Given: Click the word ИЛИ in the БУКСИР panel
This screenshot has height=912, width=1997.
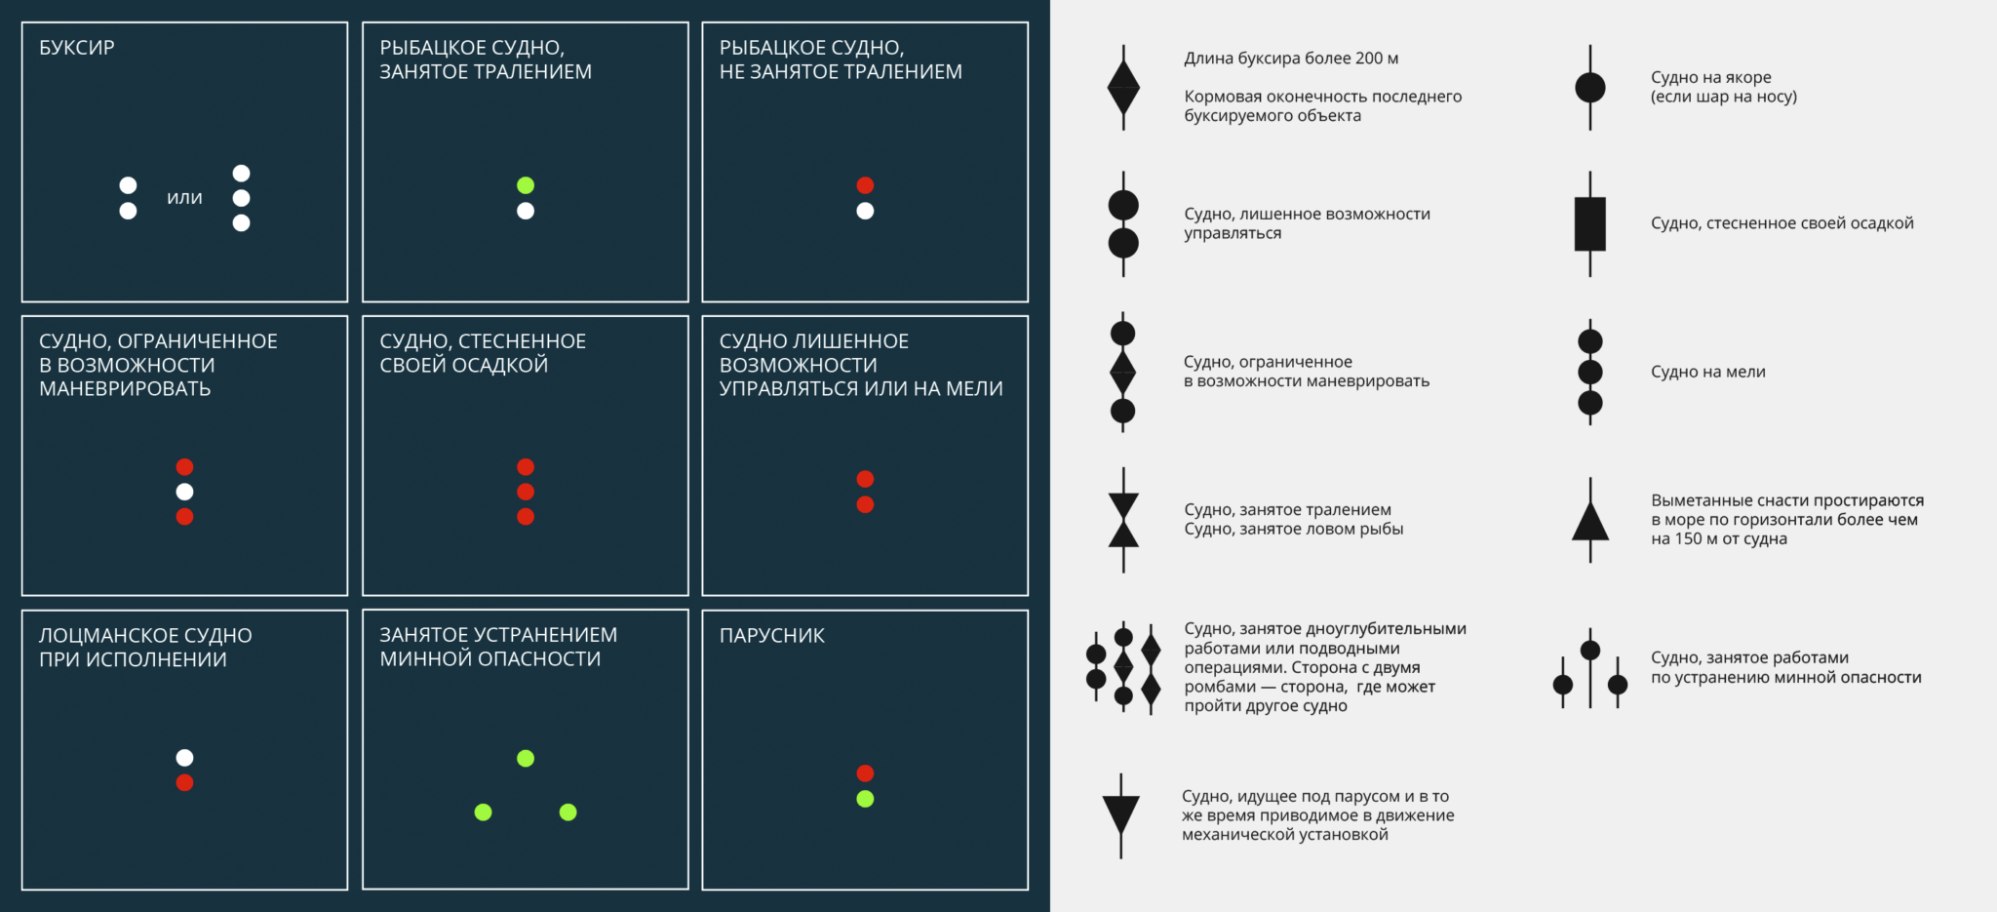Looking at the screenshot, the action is pyautogui.click(x=184, y=198).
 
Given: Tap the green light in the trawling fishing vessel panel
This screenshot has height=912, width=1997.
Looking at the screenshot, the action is pyautogui.click(x=526, y=185).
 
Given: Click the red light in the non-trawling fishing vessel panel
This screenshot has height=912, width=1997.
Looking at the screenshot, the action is pyautogui.click(x=865, y=185).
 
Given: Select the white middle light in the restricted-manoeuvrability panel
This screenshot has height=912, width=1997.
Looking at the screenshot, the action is pyautogui.click(x=184, y=492).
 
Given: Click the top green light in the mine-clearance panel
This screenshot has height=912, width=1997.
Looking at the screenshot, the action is pyautogui.click(x=526, y=758).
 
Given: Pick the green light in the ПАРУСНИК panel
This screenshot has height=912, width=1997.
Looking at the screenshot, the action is pyautogui.click(x=865, y=799).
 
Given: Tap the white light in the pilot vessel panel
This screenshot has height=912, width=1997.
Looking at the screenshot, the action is pyautogui.click(x=184, y=758).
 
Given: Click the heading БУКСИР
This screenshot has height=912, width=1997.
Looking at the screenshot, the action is pyautogui.click(x=77, y=48).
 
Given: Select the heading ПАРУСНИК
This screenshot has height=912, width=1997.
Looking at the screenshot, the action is pyautogui.click(x=772, y=636).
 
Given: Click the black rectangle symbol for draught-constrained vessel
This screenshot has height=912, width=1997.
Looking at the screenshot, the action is pyautogui.click(x=1590, y=224).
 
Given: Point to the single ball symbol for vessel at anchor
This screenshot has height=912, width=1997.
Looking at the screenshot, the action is pyautogui.click(x=1590, y=88).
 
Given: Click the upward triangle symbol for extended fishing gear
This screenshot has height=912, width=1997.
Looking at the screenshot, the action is pyautogui.click(x=1590, y=522).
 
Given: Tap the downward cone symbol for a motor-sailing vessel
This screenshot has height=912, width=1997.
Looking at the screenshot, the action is pyautogui.click(x=1121, y=813).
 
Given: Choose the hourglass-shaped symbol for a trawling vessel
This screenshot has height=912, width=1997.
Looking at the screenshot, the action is pyautogui.click(x=1123, y=520).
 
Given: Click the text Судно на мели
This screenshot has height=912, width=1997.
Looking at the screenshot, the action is pyautogui.click(x=1708, y=372).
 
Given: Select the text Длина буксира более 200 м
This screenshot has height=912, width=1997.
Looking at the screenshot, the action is pyautogui.click(x=1291, y=59).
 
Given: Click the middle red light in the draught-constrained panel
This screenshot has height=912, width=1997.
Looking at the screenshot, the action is pyautogui.click(x=526, y=492).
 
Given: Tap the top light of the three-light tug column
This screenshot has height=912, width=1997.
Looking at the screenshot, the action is pyautogui.click(x=242, y=174).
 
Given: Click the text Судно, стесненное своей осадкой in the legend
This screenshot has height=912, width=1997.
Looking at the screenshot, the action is pyautogui.click(x=1782, y=223).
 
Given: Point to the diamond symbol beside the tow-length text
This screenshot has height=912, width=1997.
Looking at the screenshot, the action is pyautogui.click(x=1123, y=88).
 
